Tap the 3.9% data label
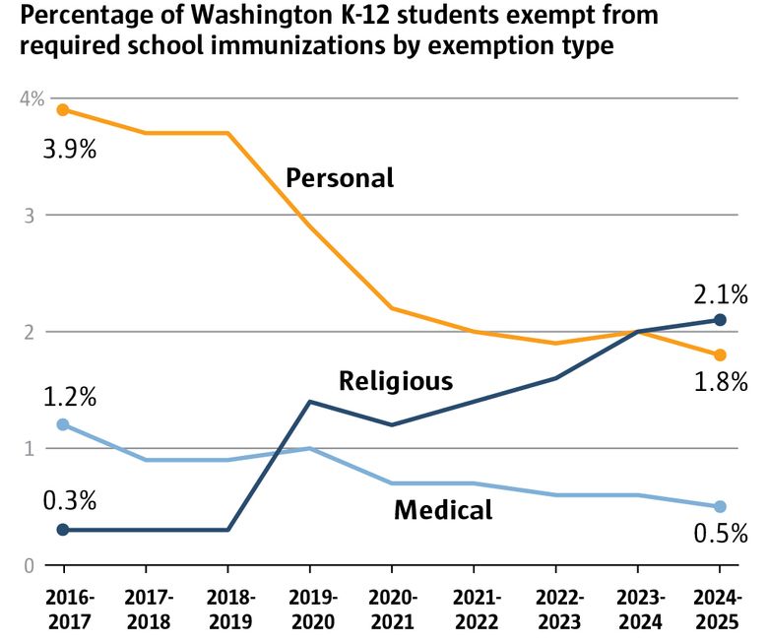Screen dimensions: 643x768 69,151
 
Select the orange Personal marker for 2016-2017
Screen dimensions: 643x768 63,109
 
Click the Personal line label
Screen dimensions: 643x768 340,178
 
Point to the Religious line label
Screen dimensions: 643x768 396,381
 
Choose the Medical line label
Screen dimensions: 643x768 443,510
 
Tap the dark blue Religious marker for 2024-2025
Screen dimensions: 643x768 720,320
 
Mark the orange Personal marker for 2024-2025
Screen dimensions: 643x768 720,354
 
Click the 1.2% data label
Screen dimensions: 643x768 69,397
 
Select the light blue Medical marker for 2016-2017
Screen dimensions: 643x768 63,424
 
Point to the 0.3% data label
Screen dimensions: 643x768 69,500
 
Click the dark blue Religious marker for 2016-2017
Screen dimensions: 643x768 63,530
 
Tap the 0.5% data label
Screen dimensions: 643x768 721,534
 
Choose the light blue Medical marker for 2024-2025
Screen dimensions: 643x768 720,506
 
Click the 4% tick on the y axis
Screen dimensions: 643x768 32,98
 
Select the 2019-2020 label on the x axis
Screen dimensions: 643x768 309,609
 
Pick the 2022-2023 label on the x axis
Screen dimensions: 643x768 555,609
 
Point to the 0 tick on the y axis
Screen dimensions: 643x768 30,566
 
